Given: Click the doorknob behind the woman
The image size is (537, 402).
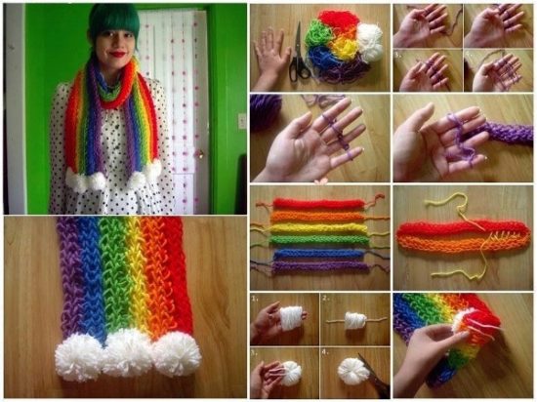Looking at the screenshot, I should pos(198,153).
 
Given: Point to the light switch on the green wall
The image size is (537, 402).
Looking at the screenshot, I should pos(241,121).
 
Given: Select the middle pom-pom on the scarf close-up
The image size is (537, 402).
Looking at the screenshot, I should pos(128,353).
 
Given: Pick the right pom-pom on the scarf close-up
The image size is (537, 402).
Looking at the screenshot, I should pos(177,354).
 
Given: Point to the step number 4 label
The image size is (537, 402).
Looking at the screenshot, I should pos(327,350).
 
